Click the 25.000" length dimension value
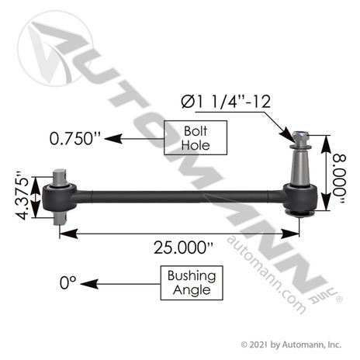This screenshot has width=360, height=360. point(183,247)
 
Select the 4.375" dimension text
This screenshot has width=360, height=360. point(22,196)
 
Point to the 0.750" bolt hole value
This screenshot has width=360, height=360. point(75,139)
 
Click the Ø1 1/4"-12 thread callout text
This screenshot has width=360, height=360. point(226,102)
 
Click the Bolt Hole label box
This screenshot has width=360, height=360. point(196,138)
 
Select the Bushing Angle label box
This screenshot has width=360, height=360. point(192,283)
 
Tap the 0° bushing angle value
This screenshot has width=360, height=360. point(68,282)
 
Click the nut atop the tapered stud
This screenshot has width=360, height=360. point(300,137)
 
